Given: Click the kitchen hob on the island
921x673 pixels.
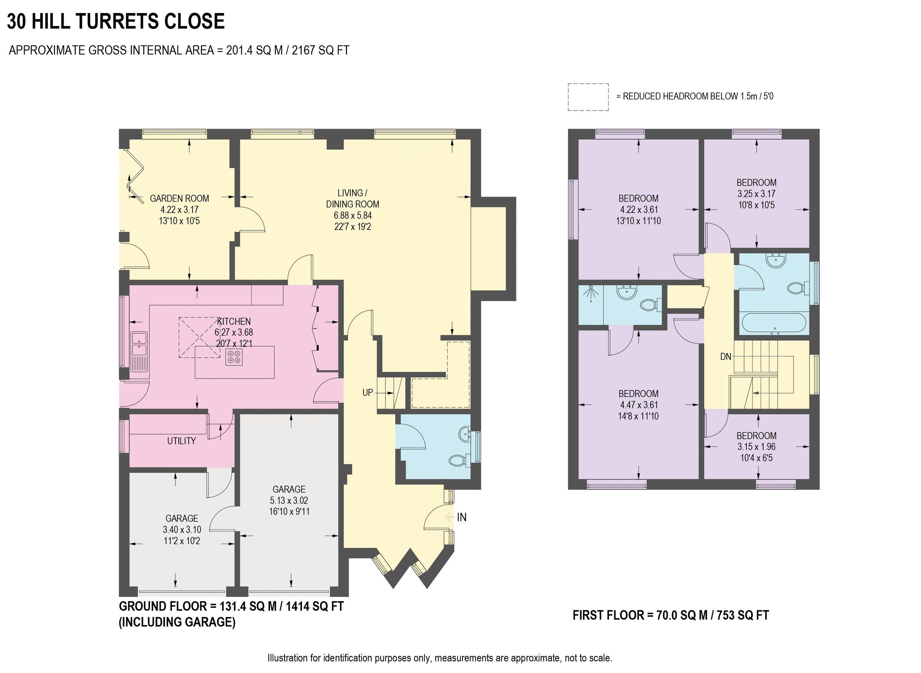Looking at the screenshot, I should [234, 357].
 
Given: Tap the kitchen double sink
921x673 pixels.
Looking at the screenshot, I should [139, 345].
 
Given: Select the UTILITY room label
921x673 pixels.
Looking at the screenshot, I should [181, 441].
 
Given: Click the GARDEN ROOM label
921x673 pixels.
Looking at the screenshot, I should [180, 198].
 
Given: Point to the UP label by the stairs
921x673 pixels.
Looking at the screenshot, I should [368, 392].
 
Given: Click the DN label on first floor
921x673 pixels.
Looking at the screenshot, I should [726, 356].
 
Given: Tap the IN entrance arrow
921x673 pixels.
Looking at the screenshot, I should [449, 518].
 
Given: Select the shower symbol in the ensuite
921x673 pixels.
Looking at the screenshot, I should [590, 294].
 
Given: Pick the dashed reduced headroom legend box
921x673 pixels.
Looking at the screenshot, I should [588, 97].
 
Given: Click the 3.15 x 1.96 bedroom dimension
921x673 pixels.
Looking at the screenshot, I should [756, 446].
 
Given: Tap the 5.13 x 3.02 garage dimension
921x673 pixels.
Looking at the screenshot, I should [289, 500].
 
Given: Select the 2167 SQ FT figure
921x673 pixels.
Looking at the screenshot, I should [320, 50].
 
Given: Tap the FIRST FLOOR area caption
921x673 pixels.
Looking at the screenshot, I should [670, 615].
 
